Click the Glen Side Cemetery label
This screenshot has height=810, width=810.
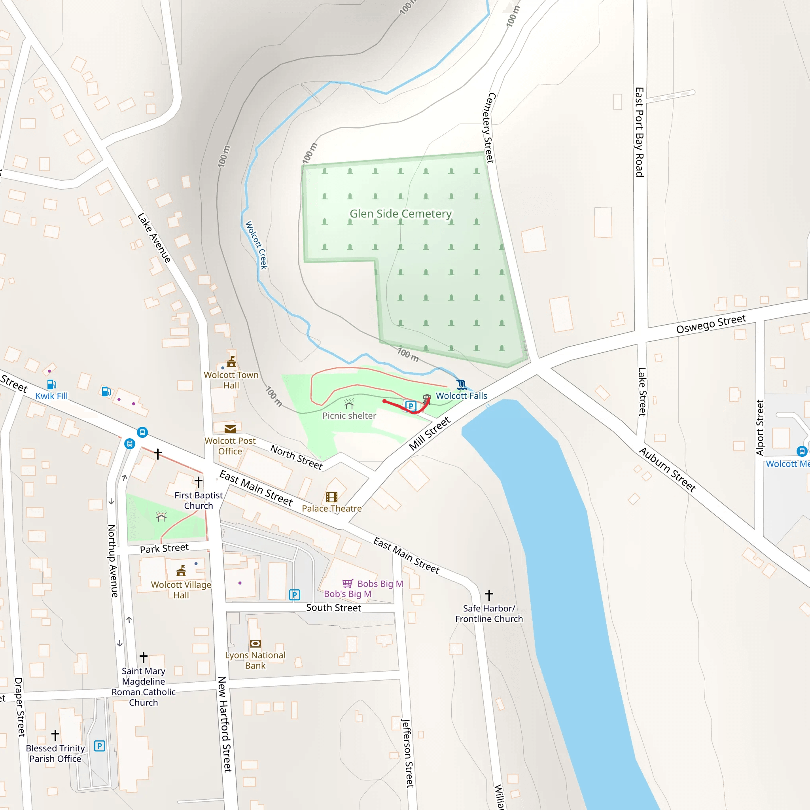coord(400,214)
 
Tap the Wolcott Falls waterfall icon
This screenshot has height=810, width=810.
coord(461,384)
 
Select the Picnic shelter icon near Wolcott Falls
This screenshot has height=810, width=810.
coord(349,404)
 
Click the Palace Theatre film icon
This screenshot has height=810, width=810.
coord(331,497)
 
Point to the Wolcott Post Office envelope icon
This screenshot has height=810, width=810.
coord(230,429)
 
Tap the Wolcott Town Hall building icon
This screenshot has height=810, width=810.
coord(231,362)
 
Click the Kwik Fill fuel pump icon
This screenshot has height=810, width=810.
coord(51,384)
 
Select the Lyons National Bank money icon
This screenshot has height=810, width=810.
coord(255,644)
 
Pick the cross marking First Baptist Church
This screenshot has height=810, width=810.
coord(198,482)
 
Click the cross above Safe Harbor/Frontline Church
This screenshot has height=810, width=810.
coord(489,595)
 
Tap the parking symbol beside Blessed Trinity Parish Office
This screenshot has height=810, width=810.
coord(99,746)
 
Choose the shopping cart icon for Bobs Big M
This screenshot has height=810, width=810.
coord(348,584)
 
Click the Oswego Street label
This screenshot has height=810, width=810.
coord(711,324)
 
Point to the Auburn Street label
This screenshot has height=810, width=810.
coord(667,469)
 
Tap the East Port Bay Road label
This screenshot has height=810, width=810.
coord(639,132)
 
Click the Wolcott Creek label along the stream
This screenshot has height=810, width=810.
coord(256,245)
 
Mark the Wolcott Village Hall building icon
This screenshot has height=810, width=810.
coord(181,571)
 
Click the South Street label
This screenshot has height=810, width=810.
coord(333,607)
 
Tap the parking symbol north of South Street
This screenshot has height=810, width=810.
coord(295,594)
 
